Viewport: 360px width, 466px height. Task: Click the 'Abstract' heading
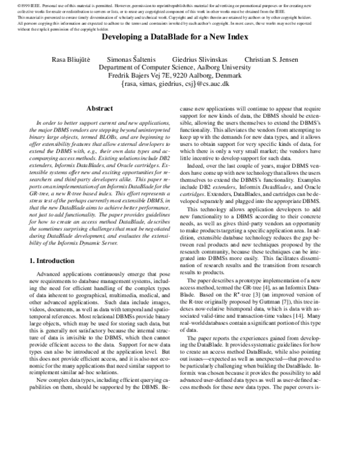tap(100, 109)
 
